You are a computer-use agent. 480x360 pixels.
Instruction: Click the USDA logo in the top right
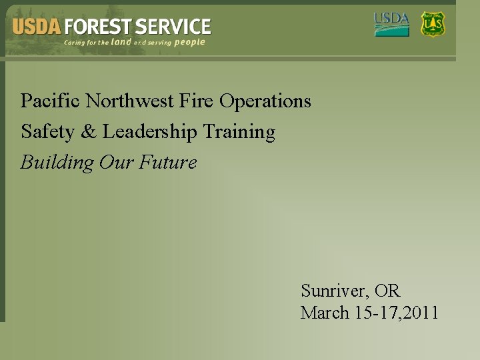click(x=391, y=24)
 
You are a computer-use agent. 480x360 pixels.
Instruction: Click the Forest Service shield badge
click(x=433, y=24)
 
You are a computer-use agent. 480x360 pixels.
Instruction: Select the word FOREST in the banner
click(x=97, y=27)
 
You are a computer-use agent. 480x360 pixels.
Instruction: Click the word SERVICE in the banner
click(x=173, y=27)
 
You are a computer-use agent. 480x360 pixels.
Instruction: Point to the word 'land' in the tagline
click(x=121, y=42)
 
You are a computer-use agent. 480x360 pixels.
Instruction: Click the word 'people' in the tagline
click(x=190, y=42)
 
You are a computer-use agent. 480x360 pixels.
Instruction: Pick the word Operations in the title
click(x=265, y=101)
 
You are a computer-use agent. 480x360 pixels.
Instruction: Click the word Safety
click(x=47, y=132)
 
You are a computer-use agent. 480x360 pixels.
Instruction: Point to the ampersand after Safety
click(x=88, y=132)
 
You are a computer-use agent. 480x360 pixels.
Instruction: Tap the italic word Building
click(x=57, y=163)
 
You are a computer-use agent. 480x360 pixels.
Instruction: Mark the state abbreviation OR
click(x=387, y=291)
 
